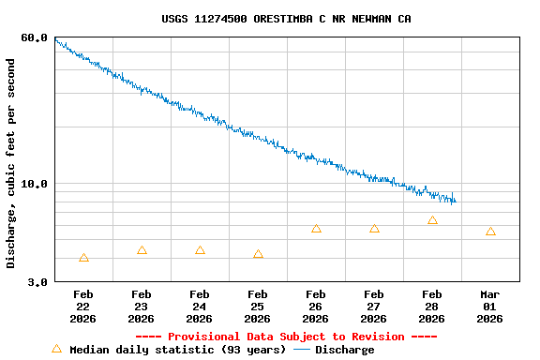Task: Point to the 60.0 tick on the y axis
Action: [x=34, y=37]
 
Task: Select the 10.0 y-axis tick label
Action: [x=34, y=184]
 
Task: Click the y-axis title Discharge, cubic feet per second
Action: [x=11, y=163]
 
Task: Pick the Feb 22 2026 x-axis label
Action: [x=83, y=307]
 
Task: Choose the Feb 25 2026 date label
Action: [x=258, y=307]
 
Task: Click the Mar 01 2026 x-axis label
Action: [x=490, y=307]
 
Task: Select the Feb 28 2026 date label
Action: [x=432, y=307]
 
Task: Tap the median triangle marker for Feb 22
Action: [x=83, y=258]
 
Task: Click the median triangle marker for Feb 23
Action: [x=142, y=250]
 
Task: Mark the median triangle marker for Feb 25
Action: [x=258, y=254]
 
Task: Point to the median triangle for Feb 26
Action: [x=316, y=229]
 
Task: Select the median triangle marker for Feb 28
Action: [x=432, y=220]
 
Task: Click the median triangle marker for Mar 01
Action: [x=490, y=232]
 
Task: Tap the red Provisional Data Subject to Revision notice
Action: [x=286, y=337]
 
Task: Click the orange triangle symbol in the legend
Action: [x=56, y=349]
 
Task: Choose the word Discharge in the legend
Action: [x=344, y=350]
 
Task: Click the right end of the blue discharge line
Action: [x=456, y=201]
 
